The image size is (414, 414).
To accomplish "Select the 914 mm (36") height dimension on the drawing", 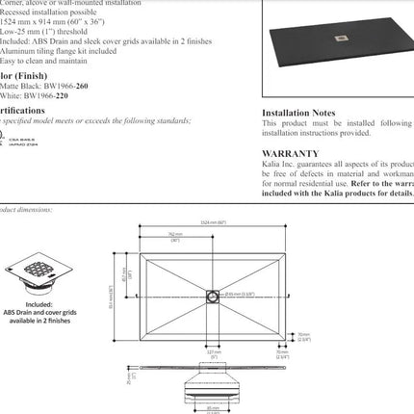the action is tap(114, 291).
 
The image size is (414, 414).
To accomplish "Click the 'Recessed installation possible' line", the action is tap(48, 13).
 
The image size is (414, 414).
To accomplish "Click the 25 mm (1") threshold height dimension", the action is tap(126, 377).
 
